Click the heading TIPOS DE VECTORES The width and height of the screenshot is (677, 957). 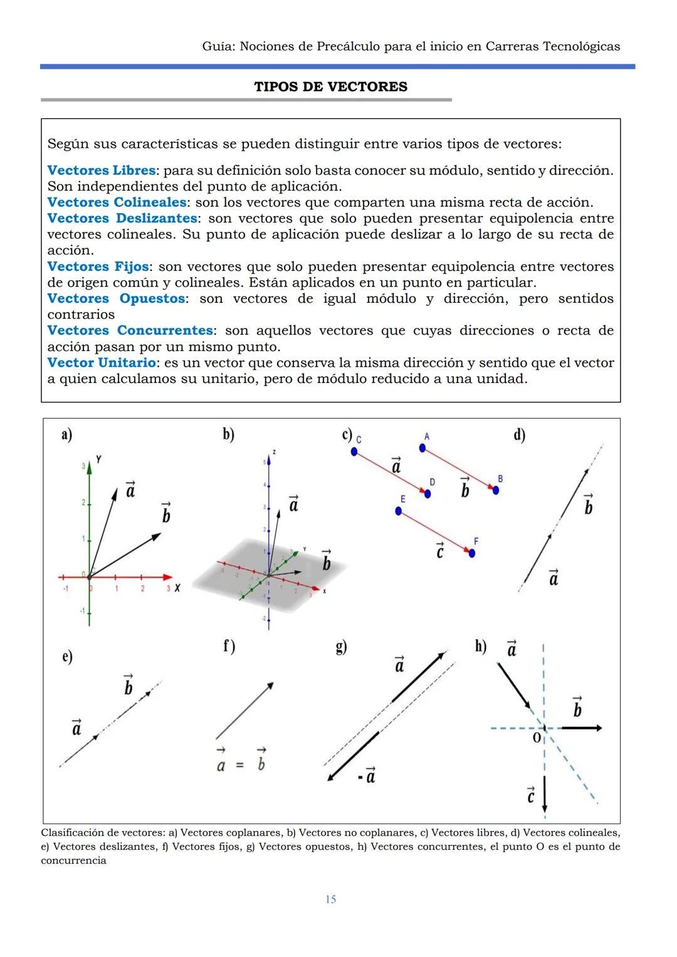(330, 86)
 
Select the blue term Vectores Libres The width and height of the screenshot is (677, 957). (102, 170)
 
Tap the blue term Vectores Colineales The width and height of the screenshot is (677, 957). (117, 202)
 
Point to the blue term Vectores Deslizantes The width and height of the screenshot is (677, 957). (122, 218)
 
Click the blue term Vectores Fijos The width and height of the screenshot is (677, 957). (98, 266)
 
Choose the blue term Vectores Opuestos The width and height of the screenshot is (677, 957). (116, 298)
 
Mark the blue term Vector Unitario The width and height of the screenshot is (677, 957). (102, 362)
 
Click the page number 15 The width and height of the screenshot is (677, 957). (330, 899)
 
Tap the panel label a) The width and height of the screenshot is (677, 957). (66, 434)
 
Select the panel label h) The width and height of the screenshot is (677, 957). (481, 646)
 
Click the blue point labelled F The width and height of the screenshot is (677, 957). (472, 553)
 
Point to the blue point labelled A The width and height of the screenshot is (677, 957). (422, 447)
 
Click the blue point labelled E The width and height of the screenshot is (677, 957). (399, 511)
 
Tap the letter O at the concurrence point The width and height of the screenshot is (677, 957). (537, 738)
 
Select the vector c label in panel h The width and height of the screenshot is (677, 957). (530, 795)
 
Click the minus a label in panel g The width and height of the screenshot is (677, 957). (367, 776)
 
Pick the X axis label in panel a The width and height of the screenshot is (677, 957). (177, 588)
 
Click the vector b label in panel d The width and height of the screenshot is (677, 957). (588, 505)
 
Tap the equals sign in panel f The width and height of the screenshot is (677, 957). (239, 765)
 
